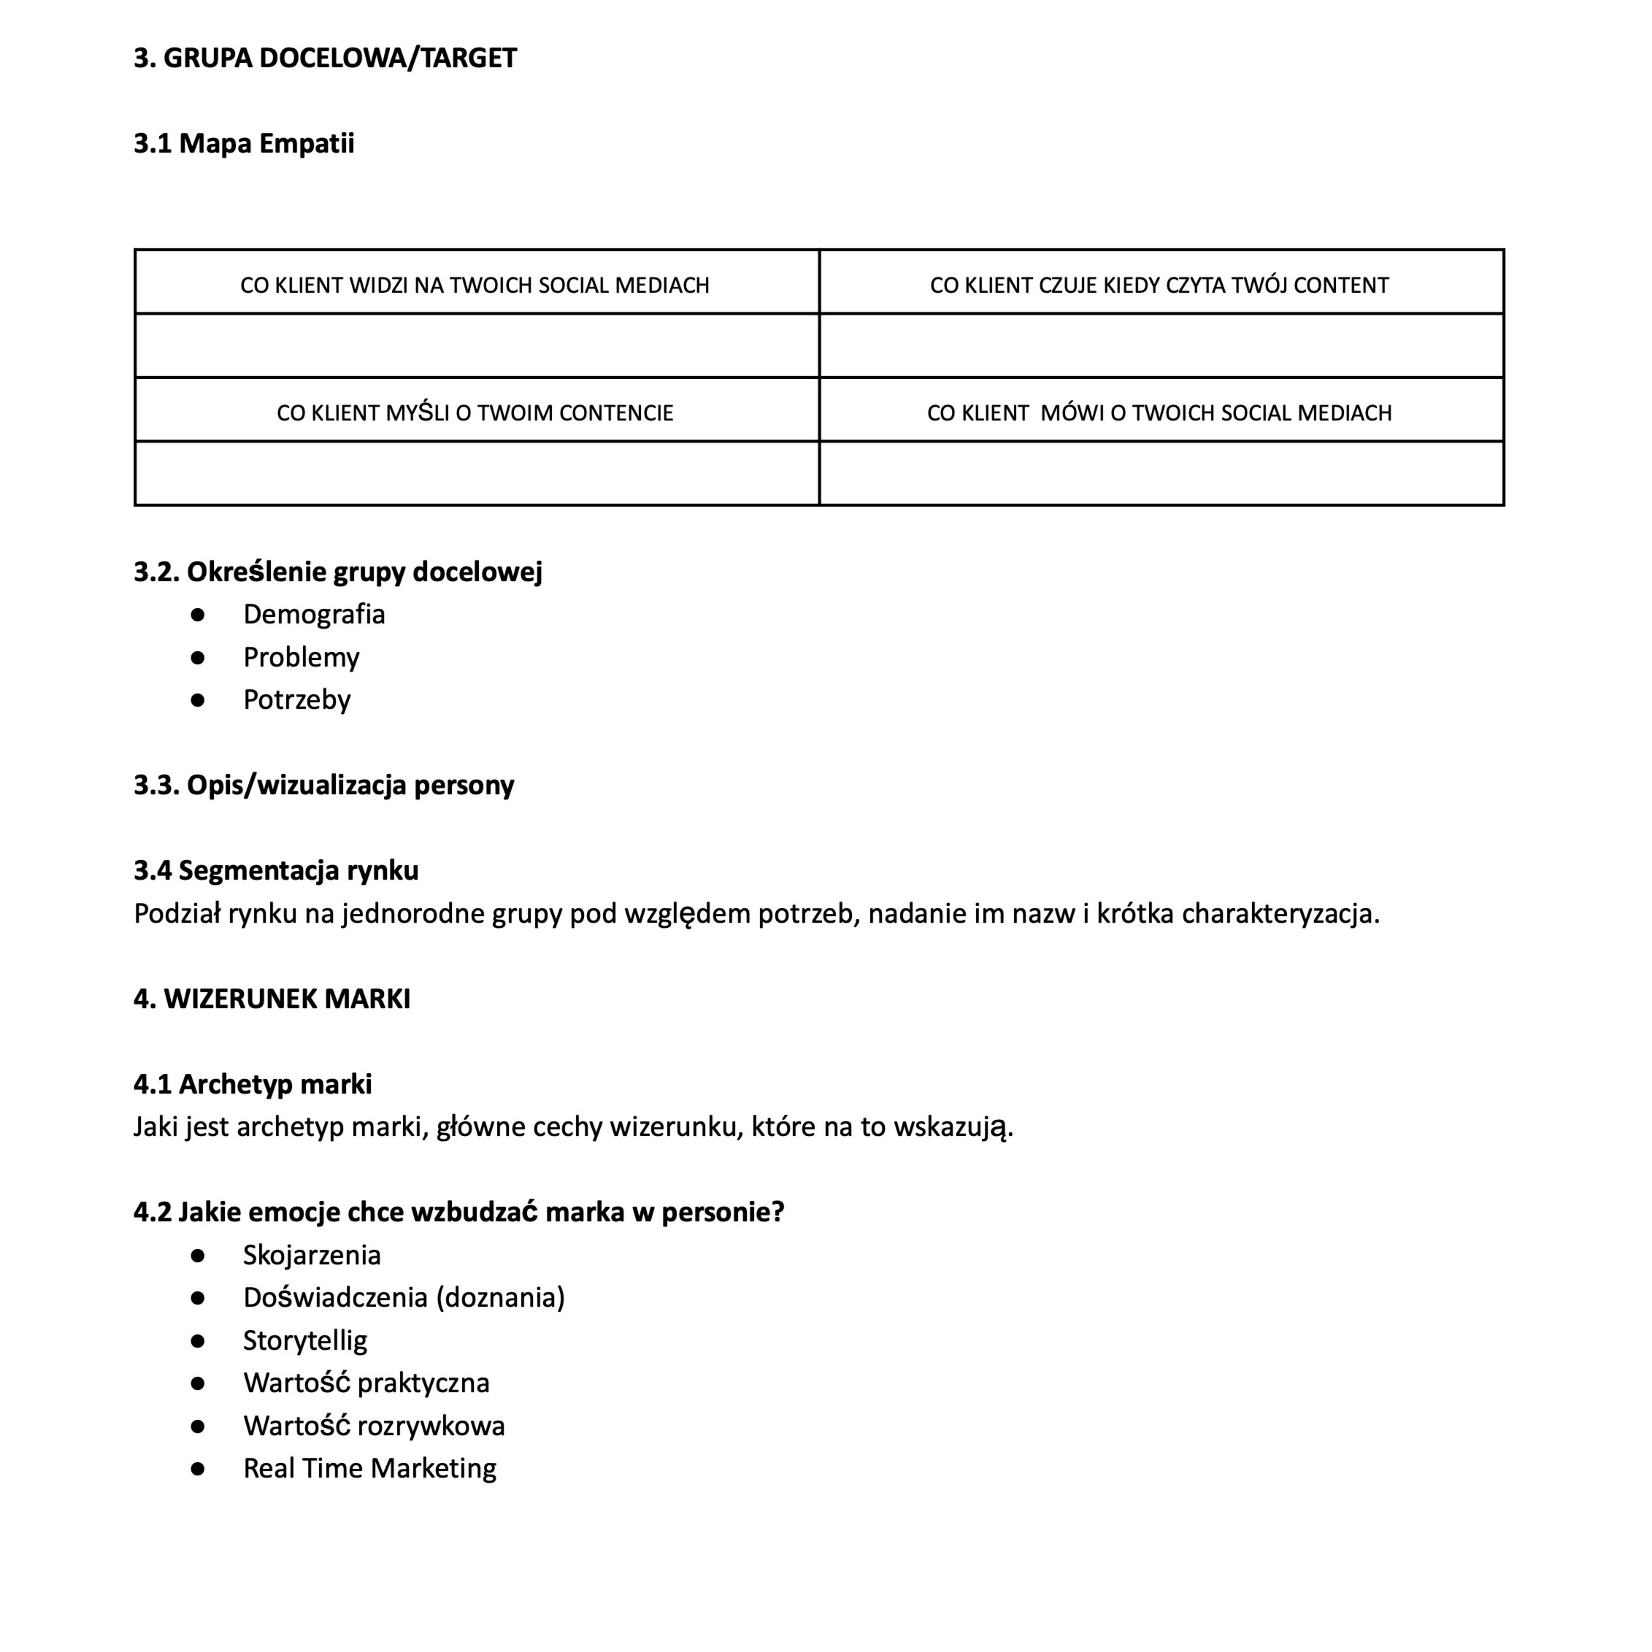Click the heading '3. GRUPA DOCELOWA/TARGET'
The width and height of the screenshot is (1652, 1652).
325,58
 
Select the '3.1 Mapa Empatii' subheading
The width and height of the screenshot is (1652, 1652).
244,144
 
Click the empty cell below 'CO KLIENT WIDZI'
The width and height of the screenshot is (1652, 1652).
476,345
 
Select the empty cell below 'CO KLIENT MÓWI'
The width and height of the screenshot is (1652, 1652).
1160,474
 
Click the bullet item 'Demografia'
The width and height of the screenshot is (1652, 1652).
314,614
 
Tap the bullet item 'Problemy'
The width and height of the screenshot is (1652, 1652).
301,657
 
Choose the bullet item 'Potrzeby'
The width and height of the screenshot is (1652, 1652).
296,699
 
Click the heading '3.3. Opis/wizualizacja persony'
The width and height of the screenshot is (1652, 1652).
324,785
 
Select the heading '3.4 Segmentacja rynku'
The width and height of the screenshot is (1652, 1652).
276,870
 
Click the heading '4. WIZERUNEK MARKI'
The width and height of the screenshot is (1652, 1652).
272,999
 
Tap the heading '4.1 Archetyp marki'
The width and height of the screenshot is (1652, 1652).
253,1084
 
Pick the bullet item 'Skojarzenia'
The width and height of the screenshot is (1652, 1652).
312,1256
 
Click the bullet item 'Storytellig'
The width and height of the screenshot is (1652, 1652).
305,1341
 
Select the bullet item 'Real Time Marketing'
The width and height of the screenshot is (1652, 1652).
369,1469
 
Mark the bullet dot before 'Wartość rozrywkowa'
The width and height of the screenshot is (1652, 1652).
199,1426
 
